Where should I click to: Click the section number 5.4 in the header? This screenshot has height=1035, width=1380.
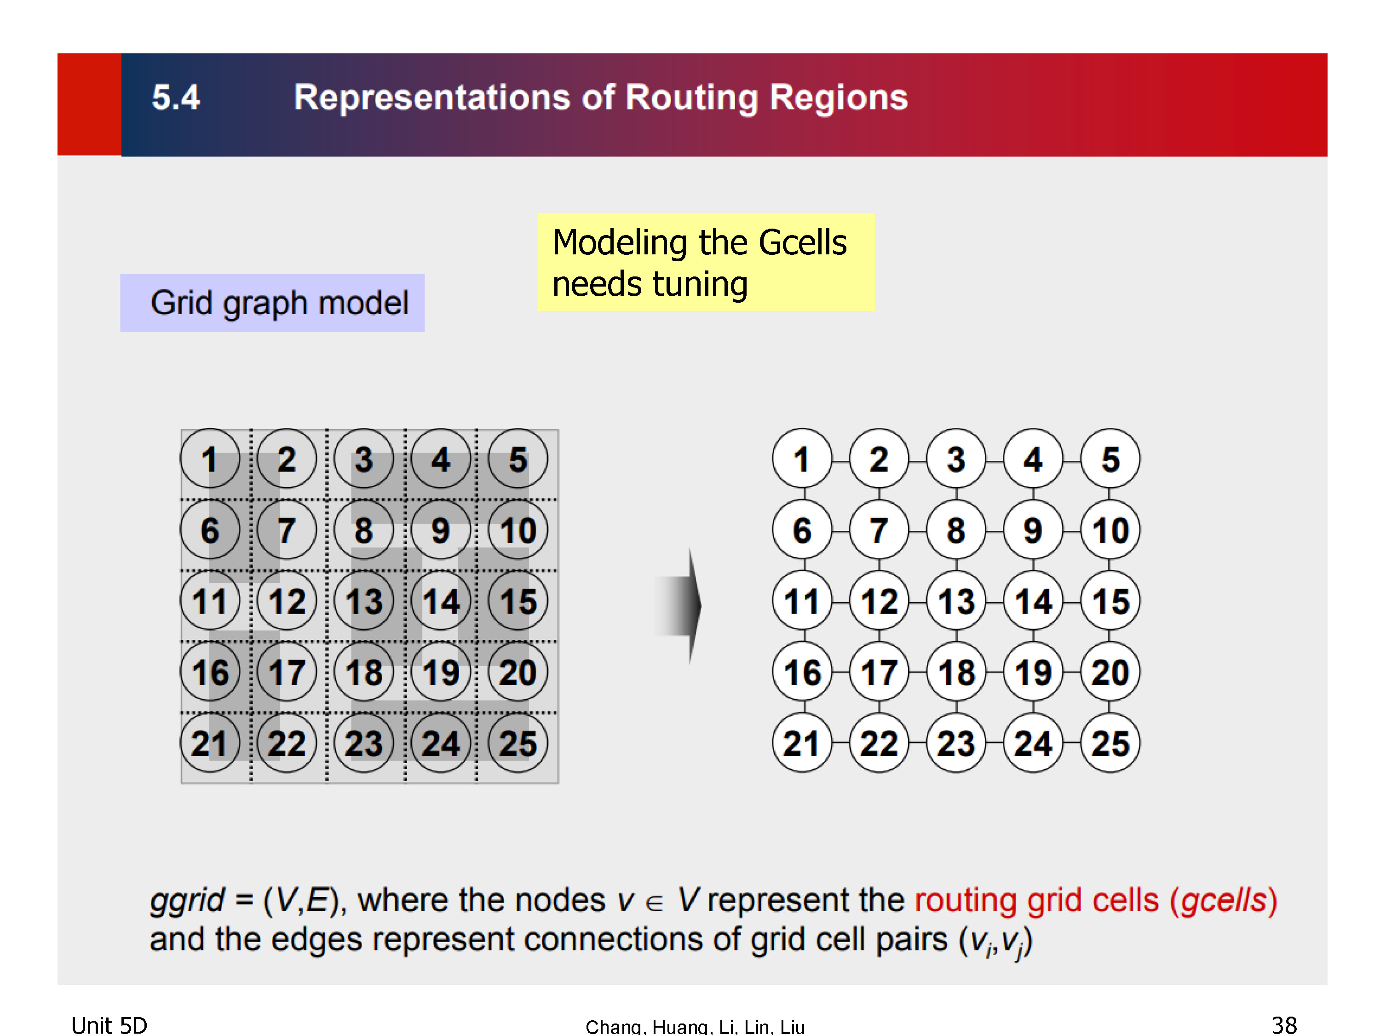[x=176, y=98]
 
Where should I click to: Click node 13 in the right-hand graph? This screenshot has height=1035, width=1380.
[x=956, y=601]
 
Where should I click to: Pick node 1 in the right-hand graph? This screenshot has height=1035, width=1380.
[x=802, y=459]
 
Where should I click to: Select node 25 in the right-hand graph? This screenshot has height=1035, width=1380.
[x=1110, y=743]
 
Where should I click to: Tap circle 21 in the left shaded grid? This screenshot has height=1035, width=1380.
[x=210, y=743]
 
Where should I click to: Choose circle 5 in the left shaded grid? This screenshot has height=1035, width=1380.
[x=518, y=459]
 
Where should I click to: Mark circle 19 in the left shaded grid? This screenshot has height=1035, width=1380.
[x=441, y=673]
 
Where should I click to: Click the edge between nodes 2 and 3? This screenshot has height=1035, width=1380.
[x=918, y=461]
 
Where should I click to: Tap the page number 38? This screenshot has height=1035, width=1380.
[x=1284, y=1024]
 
